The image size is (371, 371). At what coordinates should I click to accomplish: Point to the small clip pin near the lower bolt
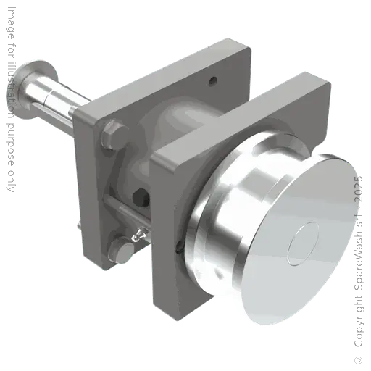click(x=136, y=233)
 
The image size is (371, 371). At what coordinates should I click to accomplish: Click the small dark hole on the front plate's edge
click(x=178, y=251)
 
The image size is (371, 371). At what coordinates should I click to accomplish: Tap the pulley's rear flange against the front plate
click(x=196, y=232)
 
